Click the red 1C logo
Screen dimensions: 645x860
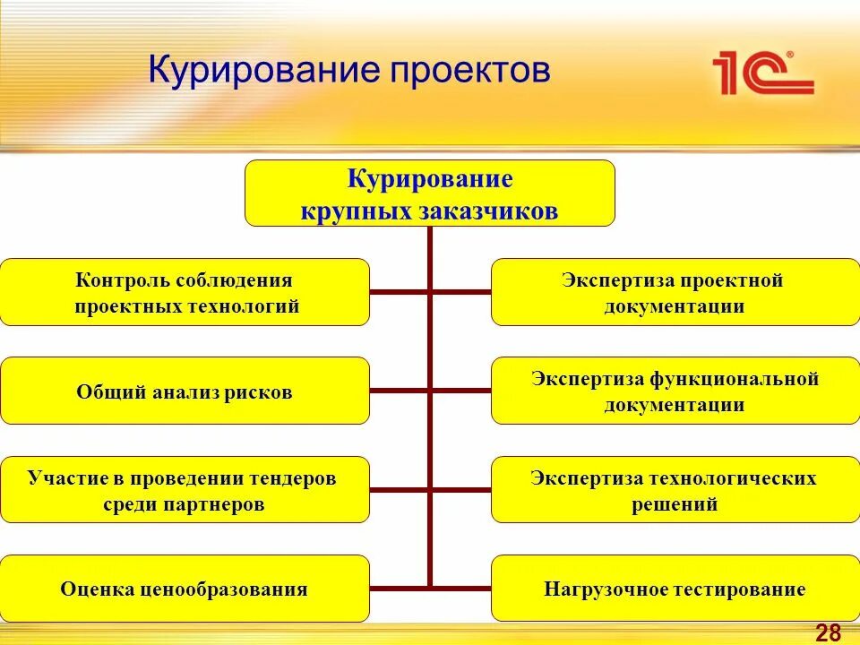pyautogui.click(x=762, y=73)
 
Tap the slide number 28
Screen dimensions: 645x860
pyautogui.click(x=828, y=633)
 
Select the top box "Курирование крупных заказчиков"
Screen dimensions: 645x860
pyautogui.click(x=430, y=193)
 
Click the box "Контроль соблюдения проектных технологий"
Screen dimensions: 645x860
pyautogui.click(x=185, y=292)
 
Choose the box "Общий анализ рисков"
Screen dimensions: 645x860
pyautogui.click(x=185, y=391)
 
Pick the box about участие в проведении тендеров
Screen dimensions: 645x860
pyautogui.click(x=185, y=490)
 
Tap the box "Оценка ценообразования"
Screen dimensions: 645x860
pyautogui.click(x=185, y=589)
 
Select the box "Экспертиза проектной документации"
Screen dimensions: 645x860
pyautogui.click(x=675, y=292)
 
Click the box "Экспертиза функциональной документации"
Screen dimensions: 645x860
pyautogui.click(x=675, y=391)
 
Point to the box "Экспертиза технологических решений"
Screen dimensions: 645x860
pyautogui.click(x=675, y=490)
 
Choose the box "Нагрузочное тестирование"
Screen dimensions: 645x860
pyautogui.click(x=675, y=589)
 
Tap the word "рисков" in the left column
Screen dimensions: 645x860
pyautogui.click(x=259, y=392)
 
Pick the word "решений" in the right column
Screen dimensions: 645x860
pyautogui.click(x=675, y=504)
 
